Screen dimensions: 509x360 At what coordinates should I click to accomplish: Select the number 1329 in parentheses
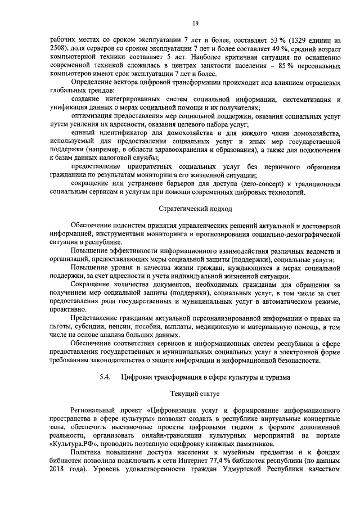point(301,41)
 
